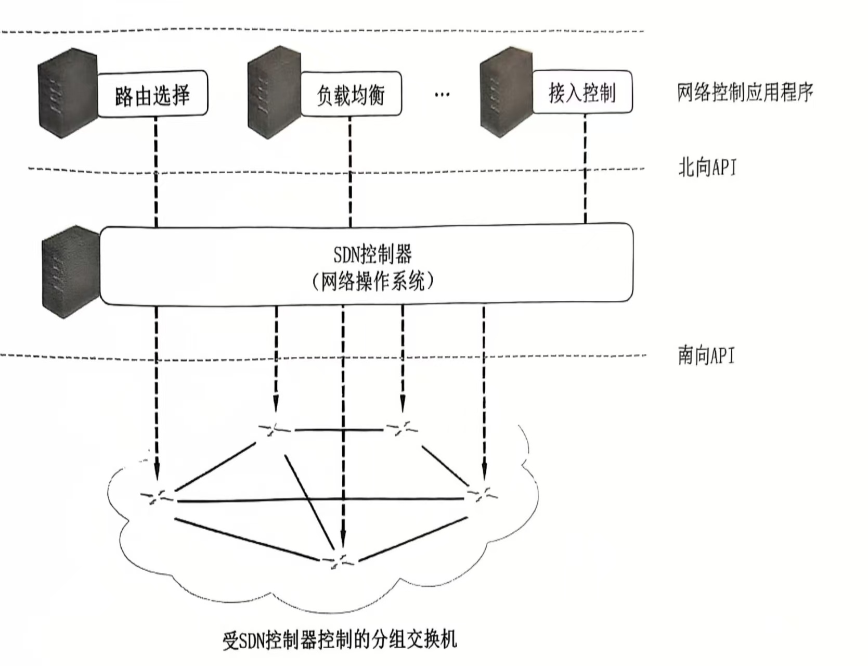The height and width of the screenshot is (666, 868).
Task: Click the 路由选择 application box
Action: click(x=152, y=95)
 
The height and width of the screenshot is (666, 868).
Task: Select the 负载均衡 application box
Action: click(x=351, y=94)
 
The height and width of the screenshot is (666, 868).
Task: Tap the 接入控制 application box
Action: click(x=582, y=93)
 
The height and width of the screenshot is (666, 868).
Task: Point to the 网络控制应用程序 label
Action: click(x=744, y=93)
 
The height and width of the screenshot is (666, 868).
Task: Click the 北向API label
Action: click(x=707, y=168)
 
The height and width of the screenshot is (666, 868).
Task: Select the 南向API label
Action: click(x=706, y=355)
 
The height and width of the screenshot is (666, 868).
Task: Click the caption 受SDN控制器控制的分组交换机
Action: click(x=340, y=639)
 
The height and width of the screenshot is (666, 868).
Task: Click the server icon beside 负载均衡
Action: click(x=274, y=93)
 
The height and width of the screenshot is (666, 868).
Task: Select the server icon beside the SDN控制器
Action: click(x=71, y=272)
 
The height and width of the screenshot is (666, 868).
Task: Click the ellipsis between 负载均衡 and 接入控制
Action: click(x=442, y=95)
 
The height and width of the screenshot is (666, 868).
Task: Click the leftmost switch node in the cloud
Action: click(x=158, y=496)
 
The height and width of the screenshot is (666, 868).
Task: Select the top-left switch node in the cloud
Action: click(x=275, y=429)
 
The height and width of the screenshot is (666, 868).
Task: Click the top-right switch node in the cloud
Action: click(x=402, y=429)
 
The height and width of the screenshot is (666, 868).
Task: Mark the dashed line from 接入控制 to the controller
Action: click(x=585, y=169)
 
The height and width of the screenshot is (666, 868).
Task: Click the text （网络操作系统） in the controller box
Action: click(x=372, y=282)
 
